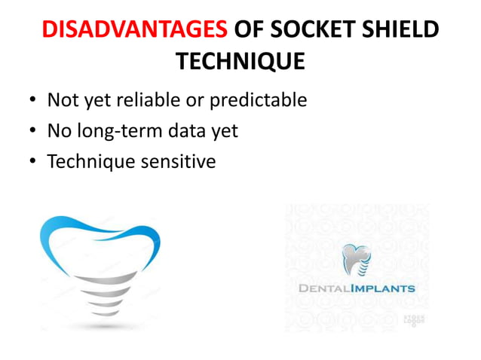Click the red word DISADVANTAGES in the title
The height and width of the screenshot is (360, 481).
[133, 30]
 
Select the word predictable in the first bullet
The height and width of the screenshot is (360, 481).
[261, 100]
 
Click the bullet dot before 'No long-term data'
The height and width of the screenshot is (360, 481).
[32, 131]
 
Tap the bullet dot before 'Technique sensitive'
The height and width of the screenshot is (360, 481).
[32, 161]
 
